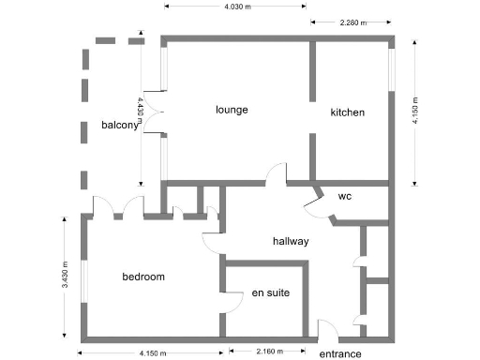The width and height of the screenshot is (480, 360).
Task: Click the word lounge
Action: click(232, 110)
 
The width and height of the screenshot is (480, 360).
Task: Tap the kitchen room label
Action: click(347, 112)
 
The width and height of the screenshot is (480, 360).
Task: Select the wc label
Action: click(345, 197)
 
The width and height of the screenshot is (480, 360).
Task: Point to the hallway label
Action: click(291, 241)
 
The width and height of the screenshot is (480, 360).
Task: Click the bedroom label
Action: click(143, 277)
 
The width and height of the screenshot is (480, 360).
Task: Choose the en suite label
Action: click(270, 293)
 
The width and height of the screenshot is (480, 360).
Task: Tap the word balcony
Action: click(120, 126)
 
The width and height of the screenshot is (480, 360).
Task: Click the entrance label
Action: click(339, 353)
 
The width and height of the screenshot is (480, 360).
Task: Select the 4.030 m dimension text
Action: click(238, 7)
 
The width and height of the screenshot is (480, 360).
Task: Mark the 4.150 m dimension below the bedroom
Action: click(153, 352)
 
